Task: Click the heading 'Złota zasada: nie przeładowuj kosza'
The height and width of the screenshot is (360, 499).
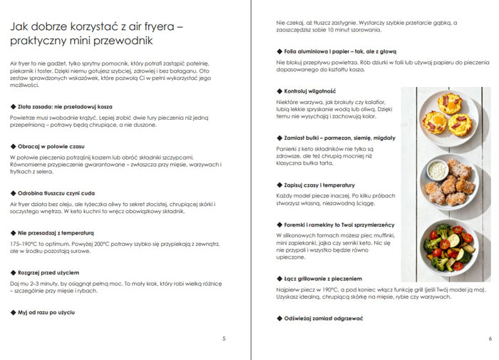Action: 58,106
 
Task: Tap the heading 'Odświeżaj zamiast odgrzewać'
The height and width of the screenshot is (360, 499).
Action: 319,318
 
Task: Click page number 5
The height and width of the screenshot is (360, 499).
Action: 224,338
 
